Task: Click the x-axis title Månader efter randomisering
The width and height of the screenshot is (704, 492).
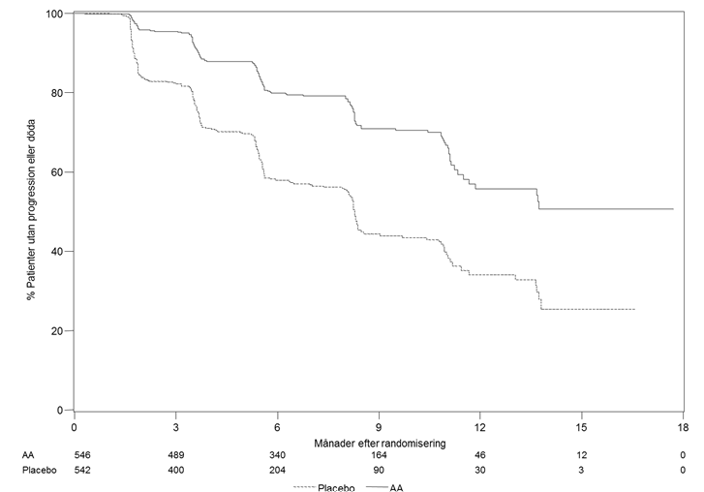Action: [x=380, y=444]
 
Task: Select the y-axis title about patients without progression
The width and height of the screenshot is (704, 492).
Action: [x=31, y=210]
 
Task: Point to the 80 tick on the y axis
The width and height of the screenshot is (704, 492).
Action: [x=56, y=93]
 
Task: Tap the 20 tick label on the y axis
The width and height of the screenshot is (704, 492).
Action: [x=56, y=331]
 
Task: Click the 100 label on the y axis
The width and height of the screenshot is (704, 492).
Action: [x=54, y=14]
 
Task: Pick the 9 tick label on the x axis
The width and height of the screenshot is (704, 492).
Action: [x=379, y=427]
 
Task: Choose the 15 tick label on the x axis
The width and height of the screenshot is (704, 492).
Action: [x=581, y=427]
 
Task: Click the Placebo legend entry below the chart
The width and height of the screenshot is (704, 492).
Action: [x=324, y=487]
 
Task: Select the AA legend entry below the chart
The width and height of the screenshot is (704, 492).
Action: [x=384, y=487]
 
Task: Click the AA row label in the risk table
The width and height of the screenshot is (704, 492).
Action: [x=28, y=455]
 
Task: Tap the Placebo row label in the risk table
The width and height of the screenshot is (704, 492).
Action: [x=40, y=471]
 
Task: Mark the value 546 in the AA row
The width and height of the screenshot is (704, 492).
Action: [x=82, y=455]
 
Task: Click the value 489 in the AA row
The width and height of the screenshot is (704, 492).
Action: [x=175, y=455]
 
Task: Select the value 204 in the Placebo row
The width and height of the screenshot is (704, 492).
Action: [x=277, y=471]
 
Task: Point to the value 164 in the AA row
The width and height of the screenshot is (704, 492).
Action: [x=379, y=455]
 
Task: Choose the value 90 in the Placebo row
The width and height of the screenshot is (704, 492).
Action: [x=379, y=471]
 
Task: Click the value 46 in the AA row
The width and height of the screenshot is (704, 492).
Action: [x=480, y=455]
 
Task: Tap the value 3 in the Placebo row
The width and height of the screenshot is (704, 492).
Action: [x=581, y=471]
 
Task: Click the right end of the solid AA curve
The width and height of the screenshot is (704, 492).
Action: [x=673, y=209]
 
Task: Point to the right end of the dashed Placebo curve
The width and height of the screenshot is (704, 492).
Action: [x=635, y=309]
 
